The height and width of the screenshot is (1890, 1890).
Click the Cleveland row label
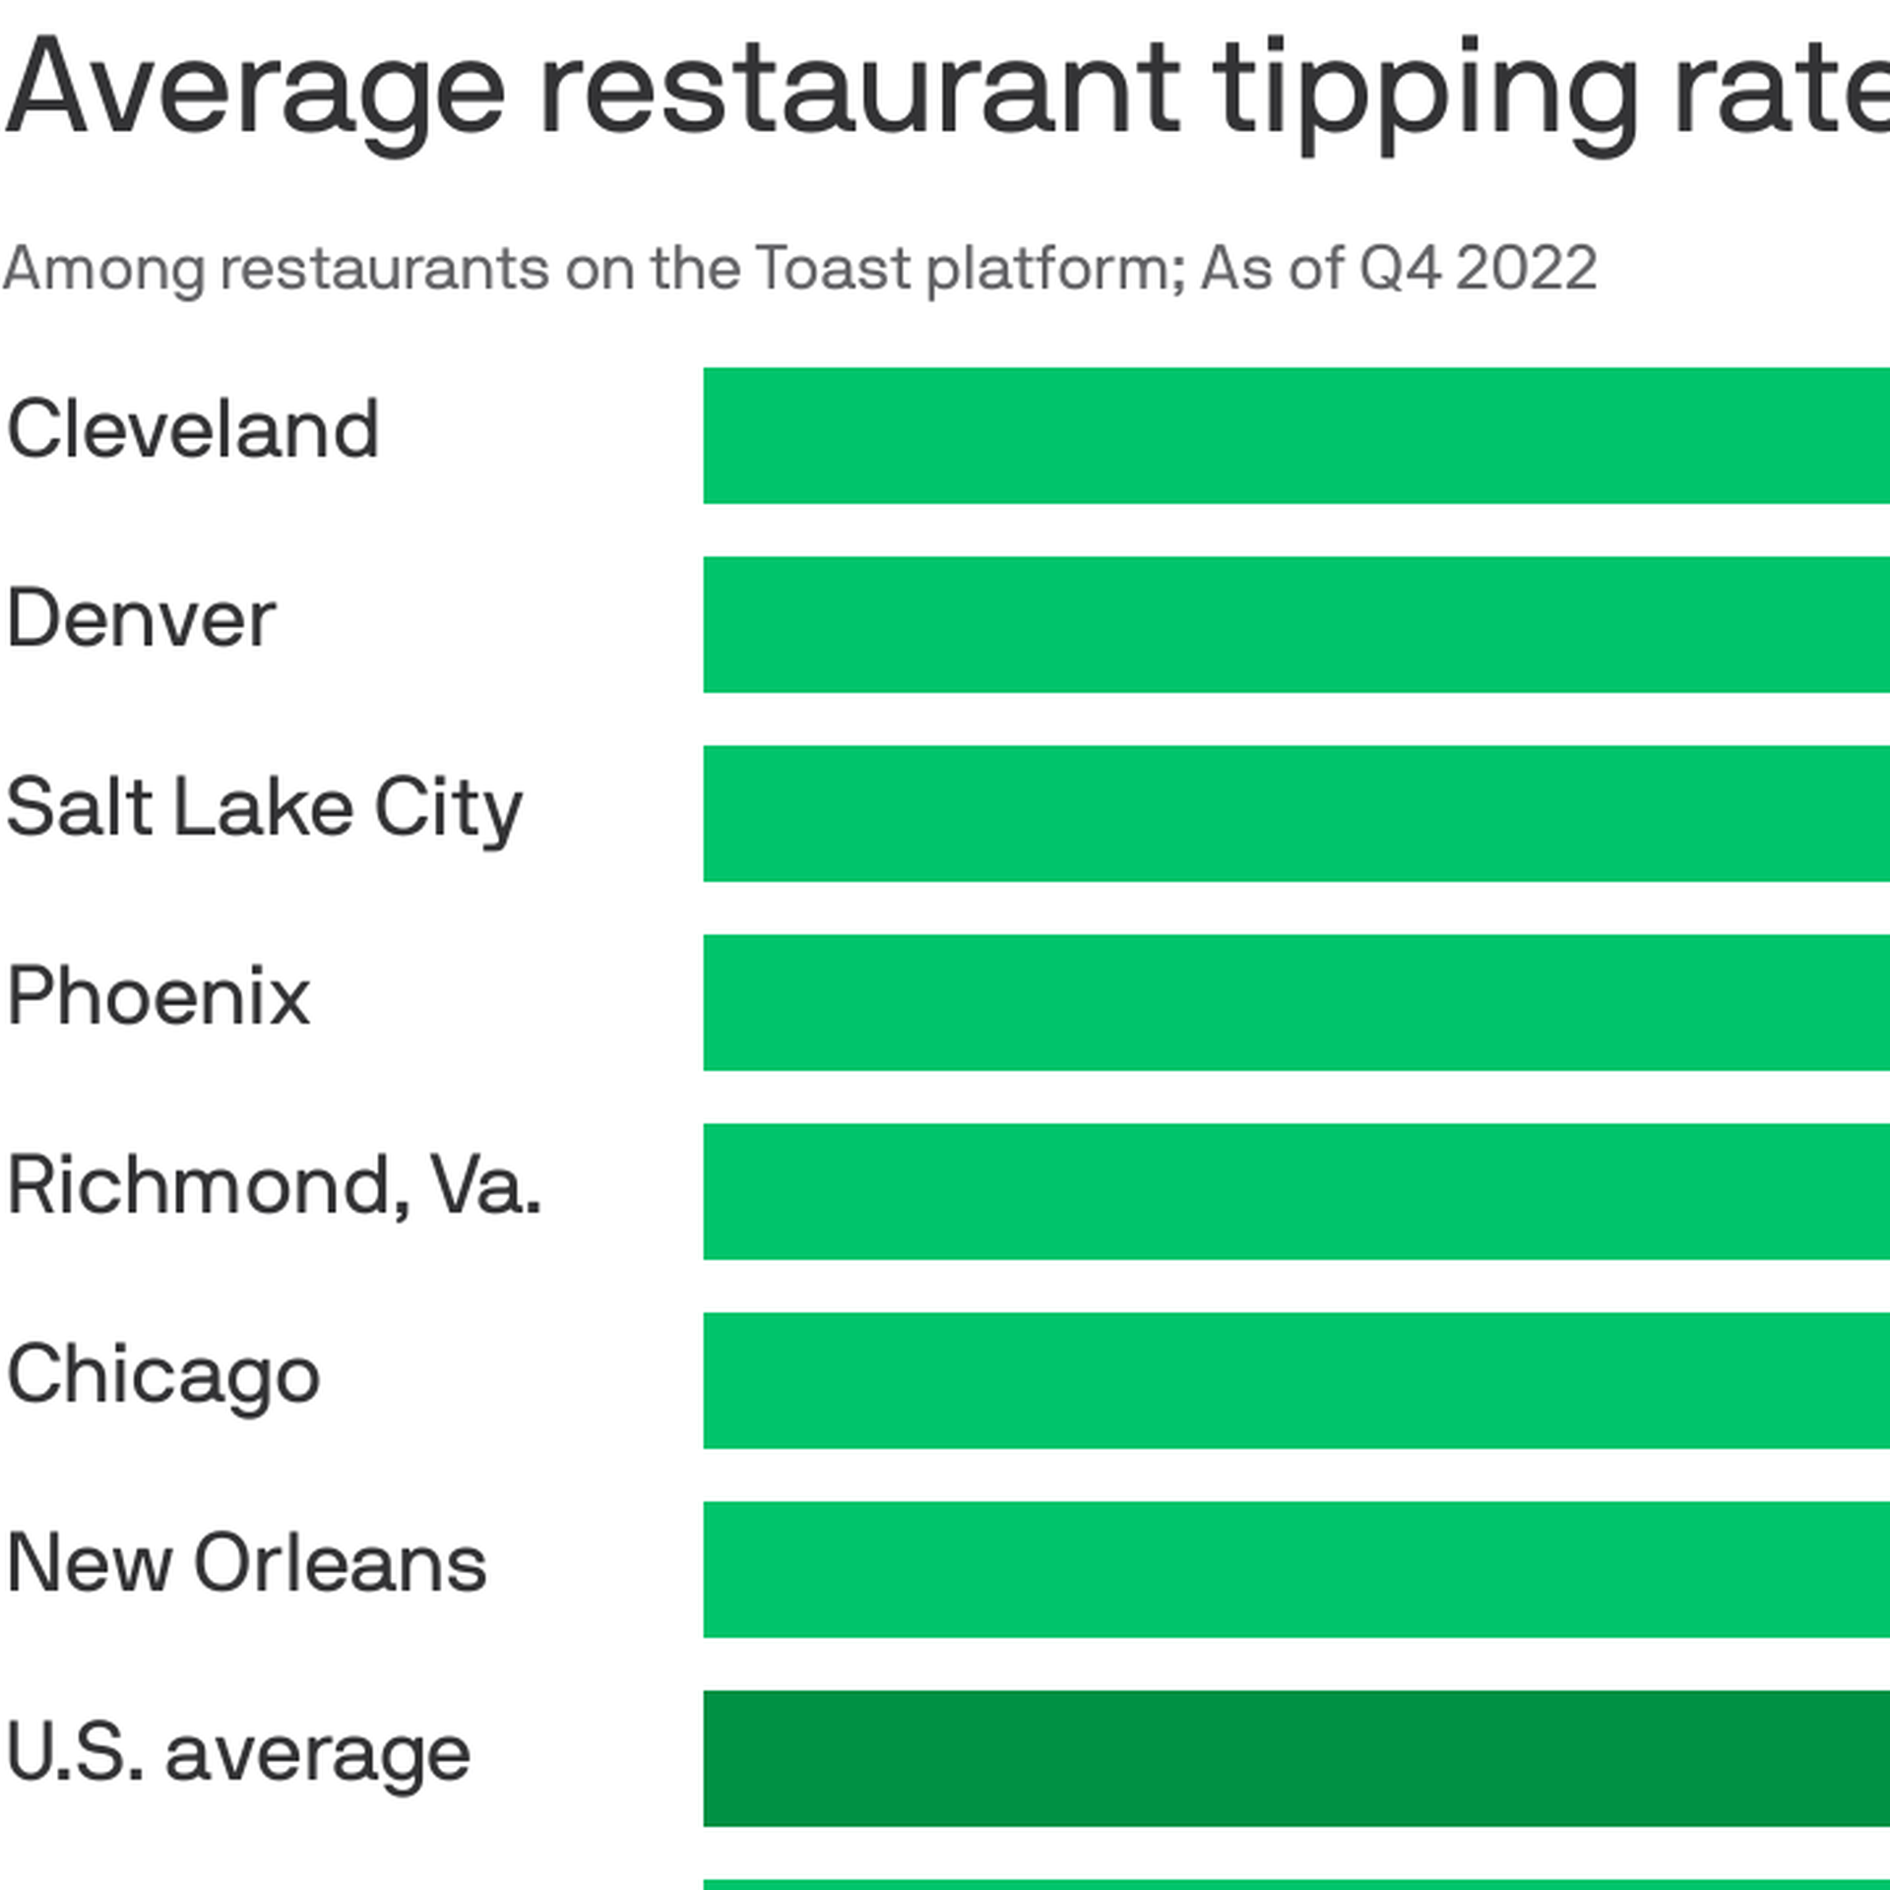coord(193,430)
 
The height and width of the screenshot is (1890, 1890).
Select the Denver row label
coord(142,619)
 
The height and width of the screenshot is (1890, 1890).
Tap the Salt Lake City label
coord(264,809)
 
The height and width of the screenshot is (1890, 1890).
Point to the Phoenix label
coord(158,997)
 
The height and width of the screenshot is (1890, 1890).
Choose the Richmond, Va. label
coord(274,1186)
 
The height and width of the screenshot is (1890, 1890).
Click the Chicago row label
coord(163,1375)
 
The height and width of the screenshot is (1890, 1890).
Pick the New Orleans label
coord(246,1564)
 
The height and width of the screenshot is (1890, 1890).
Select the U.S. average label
coord(238,1753)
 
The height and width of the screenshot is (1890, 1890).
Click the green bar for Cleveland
coord(1295,435)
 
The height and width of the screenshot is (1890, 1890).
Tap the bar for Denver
coord(1295,624)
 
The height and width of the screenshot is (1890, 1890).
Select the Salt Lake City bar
coord(1295,813)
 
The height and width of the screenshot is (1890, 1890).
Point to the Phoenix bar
coord(1295,1002)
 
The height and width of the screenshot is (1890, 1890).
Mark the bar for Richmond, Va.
coord(1295,1191)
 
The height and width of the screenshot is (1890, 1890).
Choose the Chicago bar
coord(1295,1380)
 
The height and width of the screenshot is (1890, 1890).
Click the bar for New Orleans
coord(1295,1569)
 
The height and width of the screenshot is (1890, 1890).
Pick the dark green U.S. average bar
coord(1295,1758)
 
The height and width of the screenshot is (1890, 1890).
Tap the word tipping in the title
coord(1423,94)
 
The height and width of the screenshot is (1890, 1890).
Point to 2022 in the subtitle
coord(1526,268)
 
